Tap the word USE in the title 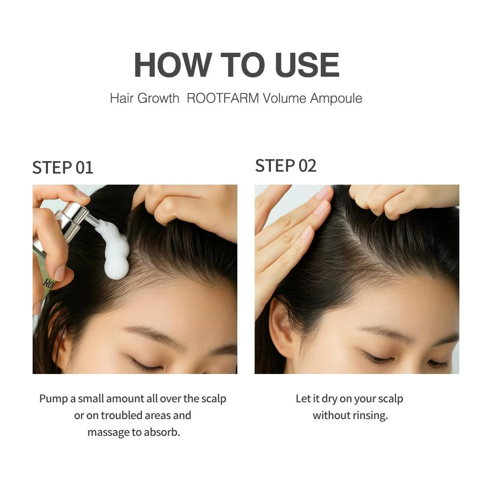(307, 65)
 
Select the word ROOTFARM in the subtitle (222, 98)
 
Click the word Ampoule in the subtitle (336, 99)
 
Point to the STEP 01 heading (63, 167)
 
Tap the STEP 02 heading (286, 165)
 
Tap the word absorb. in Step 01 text (162, 433)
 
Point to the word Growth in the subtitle (158, 98)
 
